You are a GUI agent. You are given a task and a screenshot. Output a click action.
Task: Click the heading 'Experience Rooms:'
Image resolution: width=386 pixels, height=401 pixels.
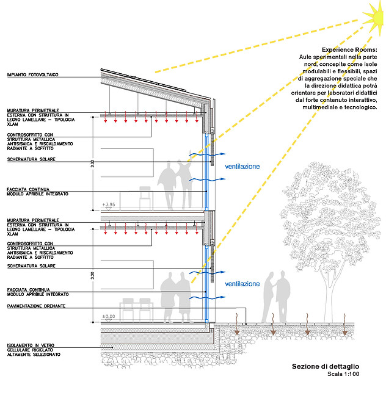point(349,49)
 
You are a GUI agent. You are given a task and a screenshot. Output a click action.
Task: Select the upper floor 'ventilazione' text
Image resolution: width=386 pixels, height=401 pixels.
point(242,166)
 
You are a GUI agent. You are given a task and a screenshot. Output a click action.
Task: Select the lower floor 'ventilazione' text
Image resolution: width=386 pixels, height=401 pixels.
point(242,284)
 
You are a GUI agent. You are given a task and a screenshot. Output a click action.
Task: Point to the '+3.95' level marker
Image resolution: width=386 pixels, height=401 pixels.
point(108,204)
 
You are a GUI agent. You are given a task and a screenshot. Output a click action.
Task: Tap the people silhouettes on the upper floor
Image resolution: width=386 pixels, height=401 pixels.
point(175,184)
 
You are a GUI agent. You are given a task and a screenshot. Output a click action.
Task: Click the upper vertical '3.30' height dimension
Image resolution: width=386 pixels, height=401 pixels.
point(92,164)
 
